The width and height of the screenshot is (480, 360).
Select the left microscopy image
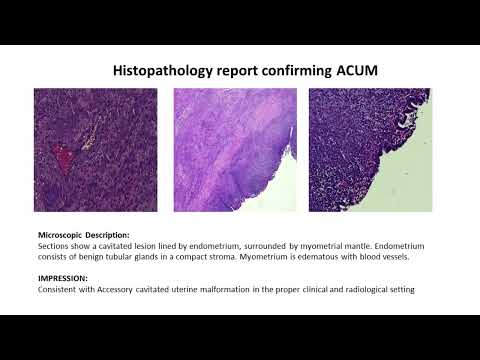point(96,150)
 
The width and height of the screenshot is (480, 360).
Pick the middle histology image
point(235,150)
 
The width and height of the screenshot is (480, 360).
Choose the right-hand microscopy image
point(369,150)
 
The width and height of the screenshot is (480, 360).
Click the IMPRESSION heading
point(61,278)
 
